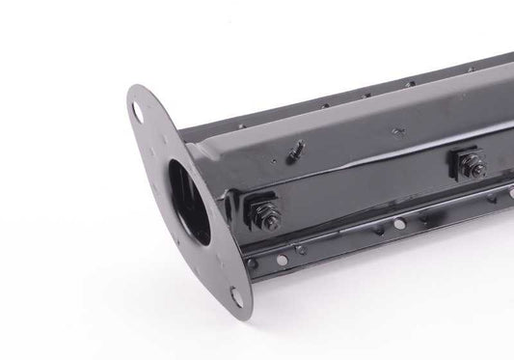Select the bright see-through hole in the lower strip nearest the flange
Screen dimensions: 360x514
point(252,263)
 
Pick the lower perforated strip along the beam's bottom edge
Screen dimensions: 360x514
point(386,232)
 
